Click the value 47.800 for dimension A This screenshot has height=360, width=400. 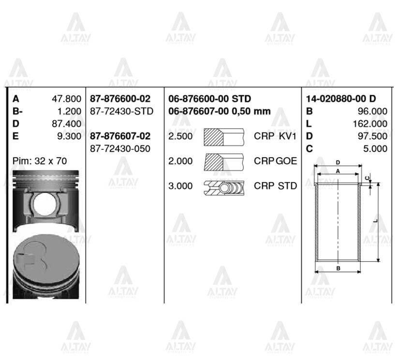pos(66,99)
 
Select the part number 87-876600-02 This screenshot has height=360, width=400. pos(120,99)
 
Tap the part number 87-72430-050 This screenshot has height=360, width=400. pos(120,149)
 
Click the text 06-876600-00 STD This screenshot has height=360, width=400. pos(209,99)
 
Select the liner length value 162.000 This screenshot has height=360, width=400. pos(370,124)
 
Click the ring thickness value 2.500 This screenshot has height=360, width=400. pos(180,136)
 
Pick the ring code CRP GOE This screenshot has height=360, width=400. pos(275,161)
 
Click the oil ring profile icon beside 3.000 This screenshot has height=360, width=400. pos(224,186)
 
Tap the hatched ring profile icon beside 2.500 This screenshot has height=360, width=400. pos(224,136)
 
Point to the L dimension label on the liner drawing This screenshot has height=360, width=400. pos(376,220)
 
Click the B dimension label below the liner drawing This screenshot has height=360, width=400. pos(338,268)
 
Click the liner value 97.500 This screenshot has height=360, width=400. pos(372,136)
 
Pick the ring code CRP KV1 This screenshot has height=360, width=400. pos(275,136)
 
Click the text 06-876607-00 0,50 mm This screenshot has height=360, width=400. pos(219,111)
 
